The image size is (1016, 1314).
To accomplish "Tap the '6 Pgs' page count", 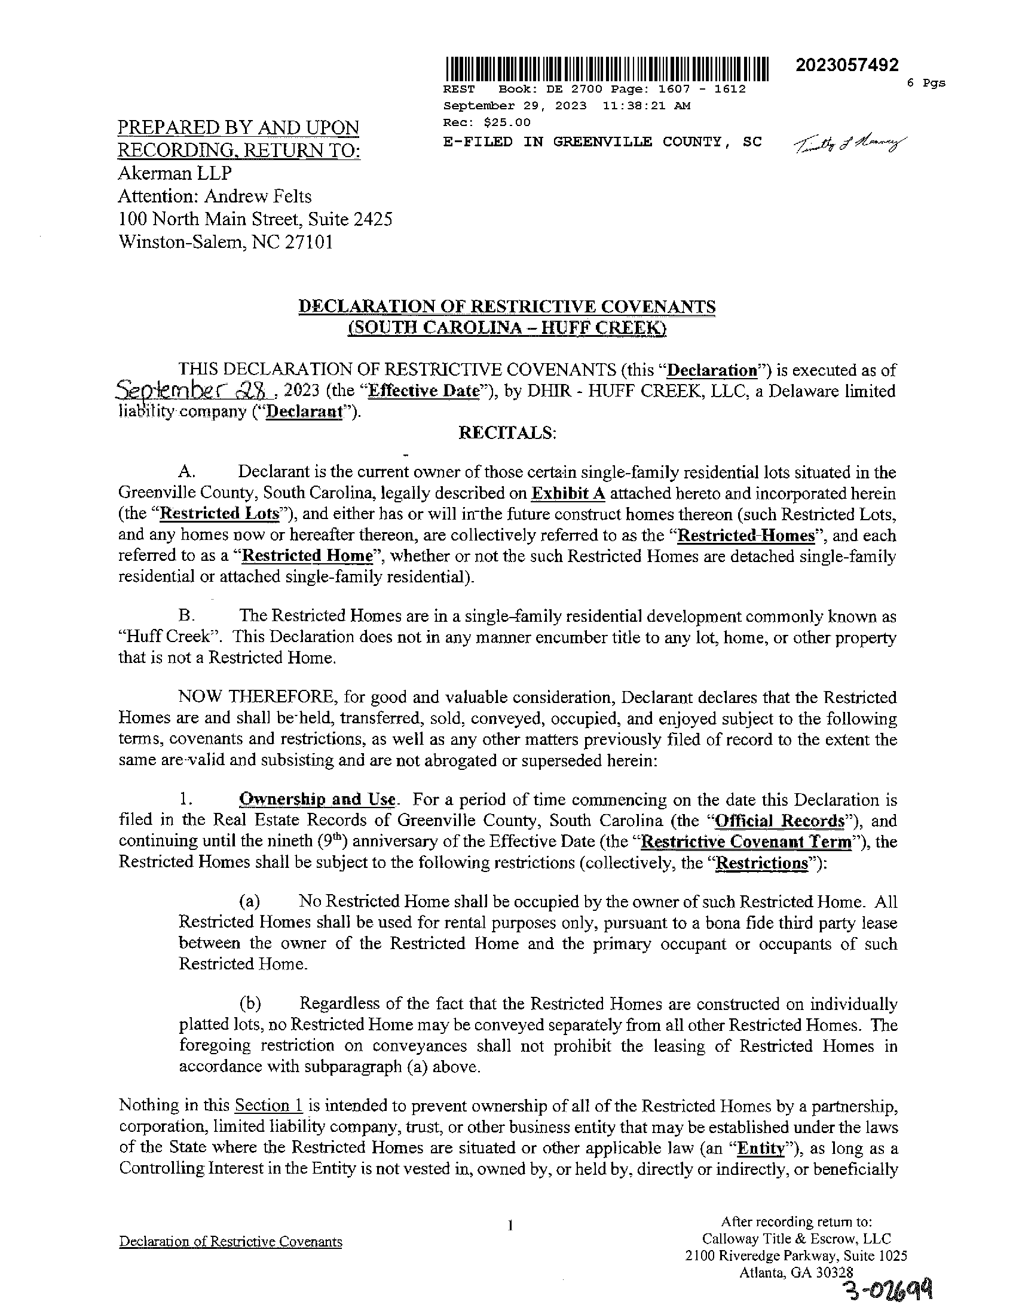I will pyautogui.click(x=926, y=83).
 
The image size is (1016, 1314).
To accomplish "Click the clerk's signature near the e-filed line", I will pyautogui.click(x=849, y=144).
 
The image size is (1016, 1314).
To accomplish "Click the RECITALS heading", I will pyautogui.click(x=507, y=433).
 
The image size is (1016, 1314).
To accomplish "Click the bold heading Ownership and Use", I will pyautogui.click(x=317, y=800).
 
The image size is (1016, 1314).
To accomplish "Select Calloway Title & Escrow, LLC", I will pyautogui.click(x=796, y=1239).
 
